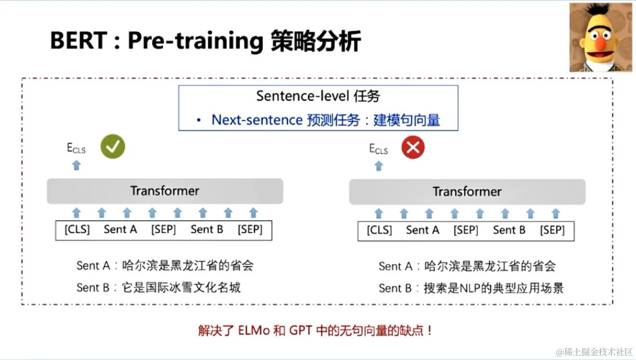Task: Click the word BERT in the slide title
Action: point(77,41)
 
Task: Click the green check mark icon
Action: point(113,147)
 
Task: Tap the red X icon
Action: point(413,148)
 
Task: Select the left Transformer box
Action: point(165,191)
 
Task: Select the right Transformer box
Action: point(467,192)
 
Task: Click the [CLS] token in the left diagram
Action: point(77,230)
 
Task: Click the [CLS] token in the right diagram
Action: point(379,231)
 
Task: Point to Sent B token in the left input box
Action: point(207,230)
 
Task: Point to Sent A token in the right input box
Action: point(422,231)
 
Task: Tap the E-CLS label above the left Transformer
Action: point(76,148)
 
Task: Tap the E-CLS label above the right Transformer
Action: point(378,149)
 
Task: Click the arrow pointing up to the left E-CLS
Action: point(76,166)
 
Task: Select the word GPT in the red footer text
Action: point(301,331)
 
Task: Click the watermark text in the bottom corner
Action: point(594,352)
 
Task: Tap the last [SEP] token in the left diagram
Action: point(250,230)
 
